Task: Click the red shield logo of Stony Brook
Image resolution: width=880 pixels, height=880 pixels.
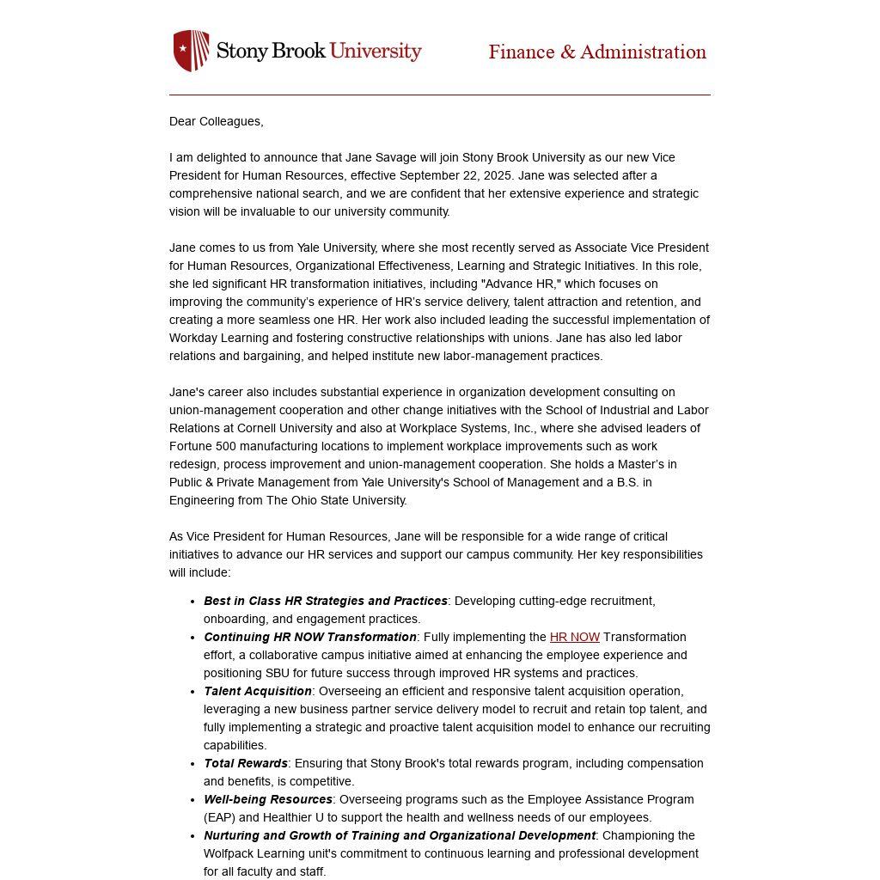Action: coord(191,51)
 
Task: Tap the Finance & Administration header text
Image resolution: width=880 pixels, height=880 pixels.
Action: coord(597,52)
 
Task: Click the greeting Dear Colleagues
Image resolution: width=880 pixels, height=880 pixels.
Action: coord(217,121)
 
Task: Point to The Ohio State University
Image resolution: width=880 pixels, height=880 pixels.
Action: coord(336,500)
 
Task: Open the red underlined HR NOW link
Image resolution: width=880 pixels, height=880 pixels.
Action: coord(575,637)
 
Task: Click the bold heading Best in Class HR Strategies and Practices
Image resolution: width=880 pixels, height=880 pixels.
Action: coord(326,601)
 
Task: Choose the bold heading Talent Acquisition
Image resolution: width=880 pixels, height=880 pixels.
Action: coord(258,691)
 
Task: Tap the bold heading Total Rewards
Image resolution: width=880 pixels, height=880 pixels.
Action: coord(246,763)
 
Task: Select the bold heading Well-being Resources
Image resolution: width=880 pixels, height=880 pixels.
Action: coord(268,799)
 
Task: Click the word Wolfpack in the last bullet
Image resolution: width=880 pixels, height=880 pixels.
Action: coord(229,853)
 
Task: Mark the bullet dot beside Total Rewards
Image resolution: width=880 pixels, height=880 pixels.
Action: coord(192,763)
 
